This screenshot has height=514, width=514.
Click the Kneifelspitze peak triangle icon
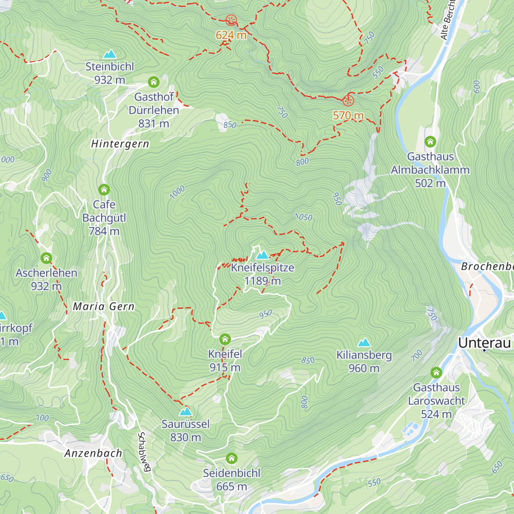[262, 255]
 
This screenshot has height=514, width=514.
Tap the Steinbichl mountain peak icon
[110, 54]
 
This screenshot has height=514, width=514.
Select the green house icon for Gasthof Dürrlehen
[154, 82]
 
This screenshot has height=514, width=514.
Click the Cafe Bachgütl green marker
[104, 189]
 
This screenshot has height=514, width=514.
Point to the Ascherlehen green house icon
[46, 258]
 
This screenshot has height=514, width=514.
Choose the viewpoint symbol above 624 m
[231, 20]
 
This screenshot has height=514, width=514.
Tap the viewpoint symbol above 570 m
[348, 101]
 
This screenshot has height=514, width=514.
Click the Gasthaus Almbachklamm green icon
[430, 141]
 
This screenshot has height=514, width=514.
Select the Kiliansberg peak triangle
[364, 342]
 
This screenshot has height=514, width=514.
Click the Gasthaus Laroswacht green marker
[436, 372]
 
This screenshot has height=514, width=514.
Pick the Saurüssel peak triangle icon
[185, 412]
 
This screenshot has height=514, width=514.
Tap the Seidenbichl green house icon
[232, 458]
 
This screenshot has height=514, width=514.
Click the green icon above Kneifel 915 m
[225, 340]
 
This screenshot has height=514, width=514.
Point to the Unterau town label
[484, 343]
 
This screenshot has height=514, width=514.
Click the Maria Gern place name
[104, 306]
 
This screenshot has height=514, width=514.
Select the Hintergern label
[120, 144]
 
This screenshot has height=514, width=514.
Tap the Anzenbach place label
[93, 453]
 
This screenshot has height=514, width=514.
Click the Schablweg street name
[144, 452]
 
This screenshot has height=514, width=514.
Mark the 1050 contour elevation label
[304, 217]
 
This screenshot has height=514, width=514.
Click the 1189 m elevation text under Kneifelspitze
[262, 281]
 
